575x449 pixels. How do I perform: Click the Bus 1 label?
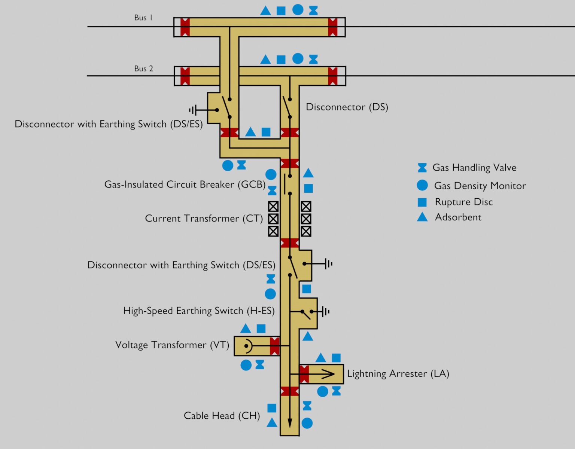pos(143,18)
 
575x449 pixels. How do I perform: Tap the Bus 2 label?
pos(144,68)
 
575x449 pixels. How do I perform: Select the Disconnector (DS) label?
pos(347,107)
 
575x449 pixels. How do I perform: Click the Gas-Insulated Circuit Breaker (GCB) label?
pos(185,184)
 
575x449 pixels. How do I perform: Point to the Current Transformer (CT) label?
pos(204,219)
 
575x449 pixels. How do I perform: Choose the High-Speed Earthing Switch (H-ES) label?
pos(199,311)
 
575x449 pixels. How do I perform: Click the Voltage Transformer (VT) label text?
pos(172,345)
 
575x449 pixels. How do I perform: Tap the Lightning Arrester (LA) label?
pos(398,374)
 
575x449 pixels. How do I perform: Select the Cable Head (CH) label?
pos(222,416)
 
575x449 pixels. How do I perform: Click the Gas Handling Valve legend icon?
pos(422,168)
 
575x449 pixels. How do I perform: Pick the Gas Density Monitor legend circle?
pos(422,185)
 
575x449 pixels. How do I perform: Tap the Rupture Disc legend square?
pos(422,202)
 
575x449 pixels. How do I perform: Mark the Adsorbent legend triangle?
pos(422,217)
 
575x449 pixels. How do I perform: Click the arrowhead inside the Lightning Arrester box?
pos(329,374)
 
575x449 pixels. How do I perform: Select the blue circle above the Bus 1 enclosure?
pos(298,10)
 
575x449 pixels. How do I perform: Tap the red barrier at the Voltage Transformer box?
pos(274,346)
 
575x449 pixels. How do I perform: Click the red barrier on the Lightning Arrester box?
pos(304,374)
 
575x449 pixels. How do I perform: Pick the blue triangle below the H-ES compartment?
pos(308,336)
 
